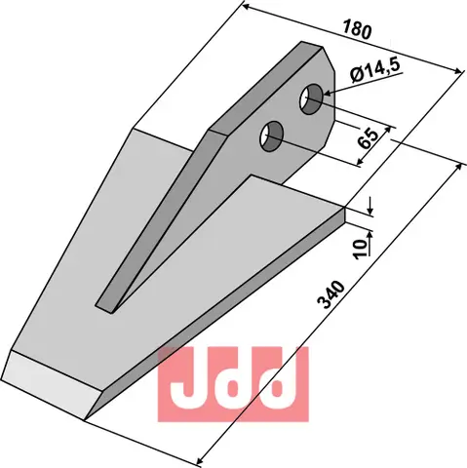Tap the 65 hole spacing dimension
coord(370,137)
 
